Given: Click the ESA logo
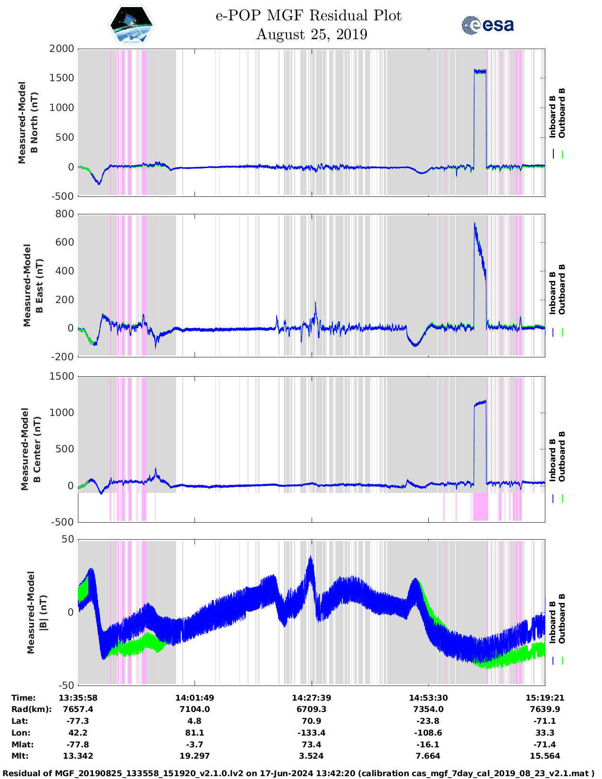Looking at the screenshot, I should point(488,25).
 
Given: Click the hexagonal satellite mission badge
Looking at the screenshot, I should point(132,25).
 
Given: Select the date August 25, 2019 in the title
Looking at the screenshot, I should point(312,34).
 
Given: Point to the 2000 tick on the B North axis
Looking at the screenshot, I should point(62,49).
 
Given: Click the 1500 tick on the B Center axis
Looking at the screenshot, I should point(62,376).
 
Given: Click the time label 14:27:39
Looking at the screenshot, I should point(311,698).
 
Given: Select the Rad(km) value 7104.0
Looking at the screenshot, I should point(194,709).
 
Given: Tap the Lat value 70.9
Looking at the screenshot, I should point(311,721).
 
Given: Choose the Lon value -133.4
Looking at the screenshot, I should point(311,733).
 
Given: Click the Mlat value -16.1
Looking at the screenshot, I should point(428,745).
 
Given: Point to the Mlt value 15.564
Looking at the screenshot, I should point(545,756).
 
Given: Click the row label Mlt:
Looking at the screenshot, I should point(20,756).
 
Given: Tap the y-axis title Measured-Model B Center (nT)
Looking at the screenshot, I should point(31,449).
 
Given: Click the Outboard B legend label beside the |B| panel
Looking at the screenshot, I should point(562,619).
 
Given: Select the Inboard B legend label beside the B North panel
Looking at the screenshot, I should point(552,117).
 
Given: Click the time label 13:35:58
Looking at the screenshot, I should point(78,698).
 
